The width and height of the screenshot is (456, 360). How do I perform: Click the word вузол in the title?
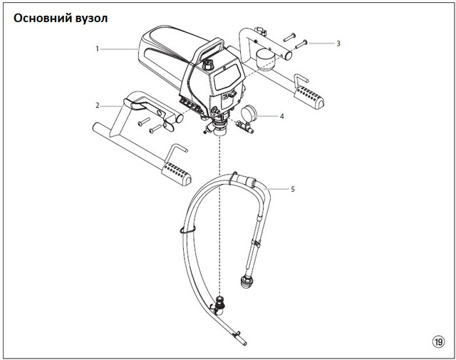pos(90,17)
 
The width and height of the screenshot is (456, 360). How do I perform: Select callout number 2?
pos(97,106)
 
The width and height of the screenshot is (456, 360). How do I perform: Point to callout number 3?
pos(338,43)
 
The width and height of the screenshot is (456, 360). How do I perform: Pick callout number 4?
pos(281,115)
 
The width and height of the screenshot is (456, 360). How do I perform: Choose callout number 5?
pos(292,189)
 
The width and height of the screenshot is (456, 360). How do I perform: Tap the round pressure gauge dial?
pos(250,113)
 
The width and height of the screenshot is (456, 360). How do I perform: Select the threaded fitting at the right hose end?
pos(247,282)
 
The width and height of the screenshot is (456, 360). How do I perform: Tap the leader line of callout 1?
pos(121,49)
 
